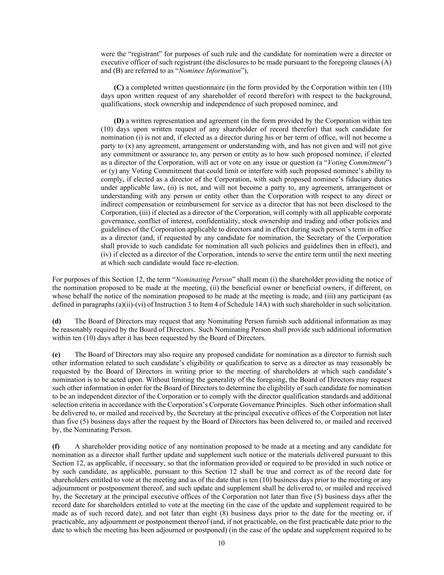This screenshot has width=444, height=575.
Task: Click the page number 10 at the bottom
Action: (x=221, y=543)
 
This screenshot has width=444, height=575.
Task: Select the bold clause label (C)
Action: (x=119, y=88)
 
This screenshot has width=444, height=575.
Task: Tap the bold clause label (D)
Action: (x=119, y=121)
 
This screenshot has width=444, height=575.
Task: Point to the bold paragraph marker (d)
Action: (x=56, y=321)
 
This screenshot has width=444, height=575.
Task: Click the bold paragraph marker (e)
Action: (x=56, y=354)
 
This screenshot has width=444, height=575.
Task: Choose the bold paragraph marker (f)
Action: (x=56, y=446)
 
